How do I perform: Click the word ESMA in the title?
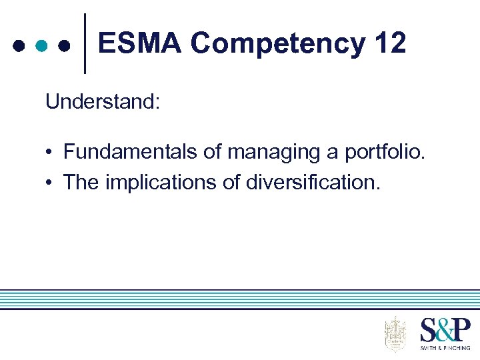coord(139,44)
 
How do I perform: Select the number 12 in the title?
coord(390,44)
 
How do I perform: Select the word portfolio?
coord(384,153)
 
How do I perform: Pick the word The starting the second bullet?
coord(81,182)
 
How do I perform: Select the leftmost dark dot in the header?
coord(18,46)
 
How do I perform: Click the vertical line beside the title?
coord(85,43)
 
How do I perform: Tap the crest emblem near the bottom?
coord(395,334)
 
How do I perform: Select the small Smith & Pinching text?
coord(445,348)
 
